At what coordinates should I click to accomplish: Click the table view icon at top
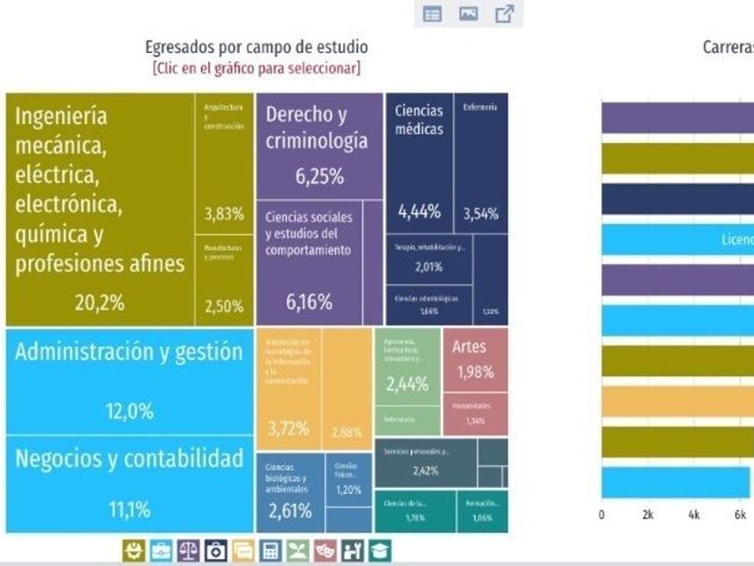(x=433, y=13)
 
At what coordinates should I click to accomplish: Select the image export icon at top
(x=469, y=13)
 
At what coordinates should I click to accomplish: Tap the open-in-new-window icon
(x=504, y=13)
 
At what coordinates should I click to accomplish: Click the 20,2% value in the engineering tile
(x=100, y=303)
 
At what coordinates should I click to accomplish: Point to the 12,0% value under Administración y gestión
(x=130, y=411)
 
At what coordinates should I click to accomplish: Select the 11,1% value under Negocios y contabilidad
(x=130, y=510)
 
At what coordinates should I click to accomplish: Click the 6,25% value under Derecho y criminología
(x=320, y=177)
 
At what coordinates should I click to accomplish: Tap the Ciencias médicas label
(x=418, y=119)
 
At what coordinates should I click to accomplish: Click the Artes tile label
(x=469, y=347)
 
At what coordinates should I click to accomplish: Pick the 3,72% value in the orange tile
(x=289, y=429)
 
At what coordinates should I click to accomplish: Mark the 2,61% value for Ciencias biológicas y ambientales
(x=290, y=511)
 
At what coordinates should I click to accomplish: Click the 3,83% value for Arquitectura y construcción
(x=224, y=215)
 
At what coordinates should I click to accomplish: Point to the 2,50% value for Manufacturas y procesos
(x=224, y=306)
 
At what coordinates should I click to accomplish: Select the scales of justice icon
(x=188, y=550)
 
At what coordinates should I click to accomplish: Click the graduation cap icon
(x=381, y=550)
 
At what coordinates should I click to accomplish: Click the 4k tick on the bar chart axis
(x=694, y=516)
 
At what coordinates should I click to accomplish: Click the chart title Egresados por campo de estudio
(x=256, y=48)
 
